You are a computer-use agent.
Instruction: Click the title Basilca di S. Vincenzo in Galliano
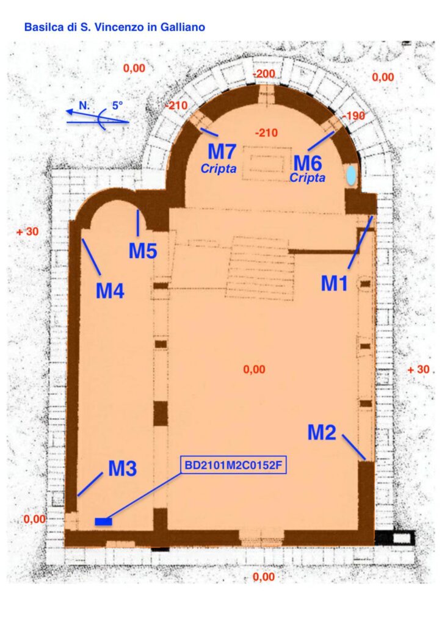coord(115,27)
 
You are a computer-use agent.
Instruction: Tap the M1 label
coord(335,284)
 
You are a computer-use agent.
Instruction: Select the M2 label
coord(322,433)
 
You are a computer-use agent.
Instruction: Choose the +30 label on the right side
coord(418,369)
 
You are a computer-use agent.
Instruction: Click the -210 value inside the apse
coord(266,132)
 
